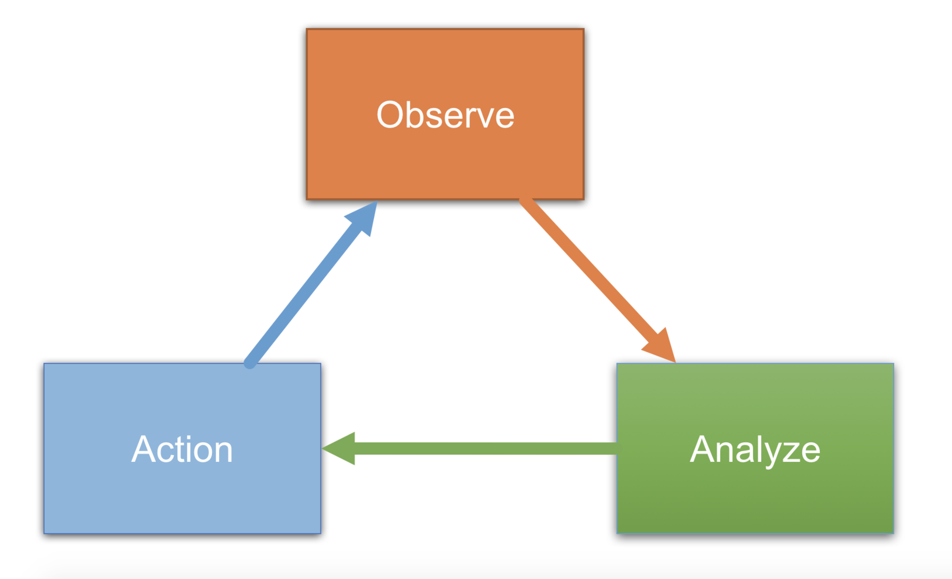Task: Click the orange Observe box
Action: (445, 114)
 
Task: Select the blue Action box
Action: (182, 448)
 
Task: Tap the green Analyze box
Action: (755, 448)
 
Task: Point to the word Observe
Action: (446, 115)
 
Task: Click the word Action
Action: (182, 449)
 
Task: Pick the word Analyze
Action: (755, 450)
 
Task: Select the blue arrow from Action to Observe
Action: (311, 284)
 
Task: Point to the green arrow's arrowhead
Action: (339, 449)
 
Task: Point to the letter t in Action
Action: (184, 450)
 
